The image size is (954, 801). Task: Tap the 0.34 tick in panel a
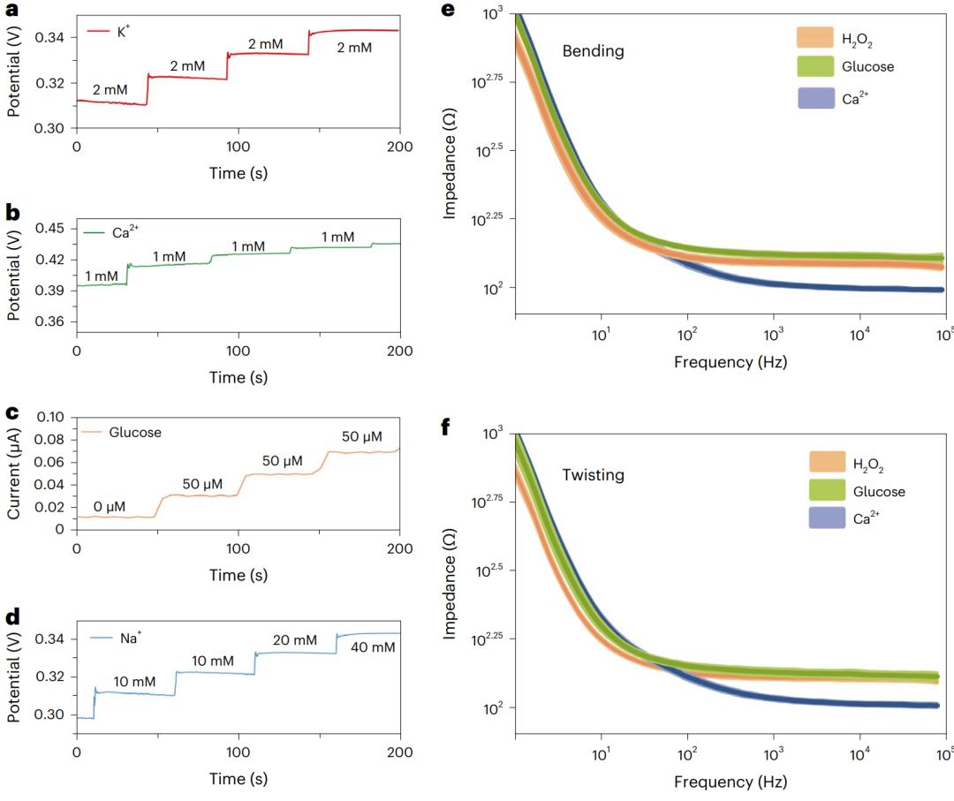coord(49,37)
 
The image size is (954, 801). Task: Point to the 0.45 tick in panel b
coord(49,229)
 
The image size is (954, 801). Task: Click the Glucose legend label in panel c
coord(135,432)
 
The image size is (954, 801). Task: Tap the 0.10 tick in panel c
coord(49,417)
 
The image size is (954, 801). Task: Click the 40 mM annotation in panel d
coord(373,647)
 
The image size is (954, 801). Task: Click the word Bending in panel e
coord(593,51)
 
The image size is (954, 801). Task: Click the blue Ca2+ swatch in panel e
coord(814,98)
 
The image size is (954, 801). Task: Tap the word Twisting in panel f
coord(593,475)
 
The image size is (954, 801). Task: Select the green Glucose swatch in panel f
coord(827,491)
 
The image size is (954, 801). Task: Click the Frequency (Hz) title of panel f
coord(730,782)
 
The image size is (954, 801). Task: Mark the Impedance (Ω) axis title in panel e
coord(451,163)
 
